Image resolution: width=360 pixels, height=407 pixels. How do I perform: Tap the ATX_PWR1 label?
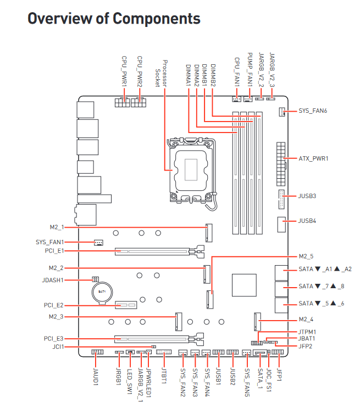click(x=313, y=158)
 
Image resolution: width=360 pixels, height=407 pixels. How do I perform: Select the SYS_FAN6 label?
click(x=313, y=111)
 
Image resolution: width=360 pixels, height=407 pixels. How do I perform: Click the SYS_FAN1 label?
click(x=49, y=242)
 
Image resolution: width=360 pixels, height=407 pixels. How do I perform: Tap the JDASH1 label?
click(x=53, y=280)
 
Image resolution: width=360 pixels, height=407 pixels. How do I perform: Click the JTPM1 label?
click(x=307, y=332)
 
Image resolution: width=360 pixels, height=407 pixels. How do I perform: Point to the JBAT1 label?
click(x=307, y=339)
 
